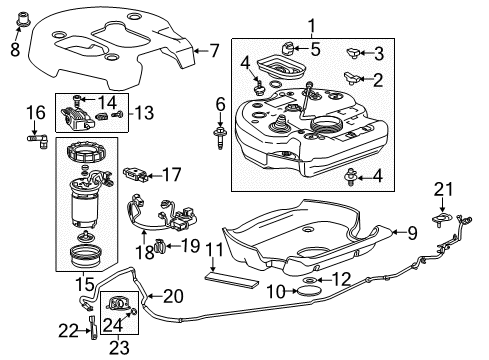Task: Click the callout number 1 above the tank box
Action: click(x=311, y=26)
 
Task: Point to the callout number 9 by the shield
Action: click(x=410, y=232)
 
